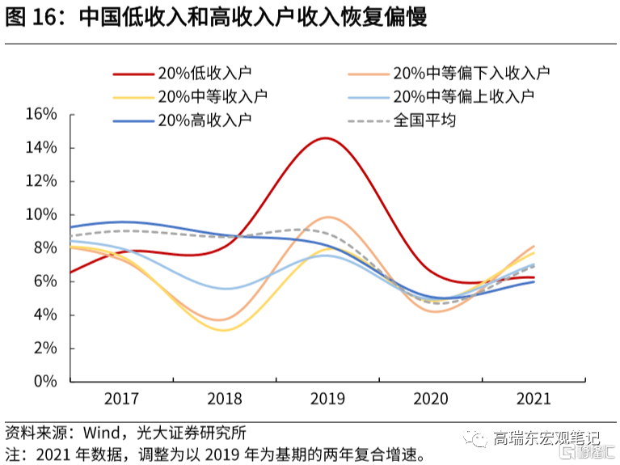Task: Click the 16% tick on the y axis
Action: point(40,114)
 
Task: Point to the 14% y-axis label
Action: point(40,148)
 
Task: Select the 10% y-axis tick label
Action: point(40,214)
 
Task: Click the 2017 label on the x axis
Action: point(121,399)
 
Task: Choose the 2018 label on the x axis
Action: point(224,399)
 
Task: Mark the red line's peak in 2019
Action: point(325,138)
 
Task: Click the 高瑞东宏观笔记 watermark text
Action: point(547,439)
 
